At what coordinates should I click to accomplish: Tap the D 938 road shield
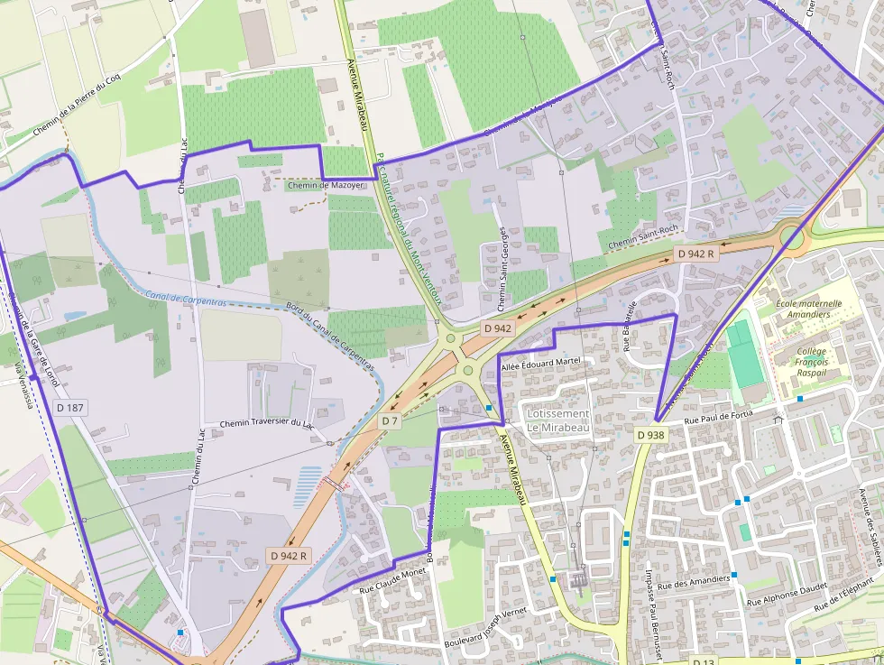pyautogui.click(x=650, y=435)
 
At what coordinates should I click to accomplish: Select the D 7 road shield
pyautogui.click(x=389, y=421)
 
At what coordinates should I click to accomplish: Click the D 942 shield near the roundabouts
pyautogui.click(x=497, y=328)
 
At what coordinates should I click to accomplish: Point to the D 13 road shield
pyautogui.click(x=704, y=661)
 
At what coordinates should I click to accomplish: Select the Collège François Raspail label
pyautogui.click(x=812, y=361)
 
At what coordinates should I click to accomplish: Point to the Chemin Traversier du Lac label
pyautogui.click(x=267, y=424)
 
